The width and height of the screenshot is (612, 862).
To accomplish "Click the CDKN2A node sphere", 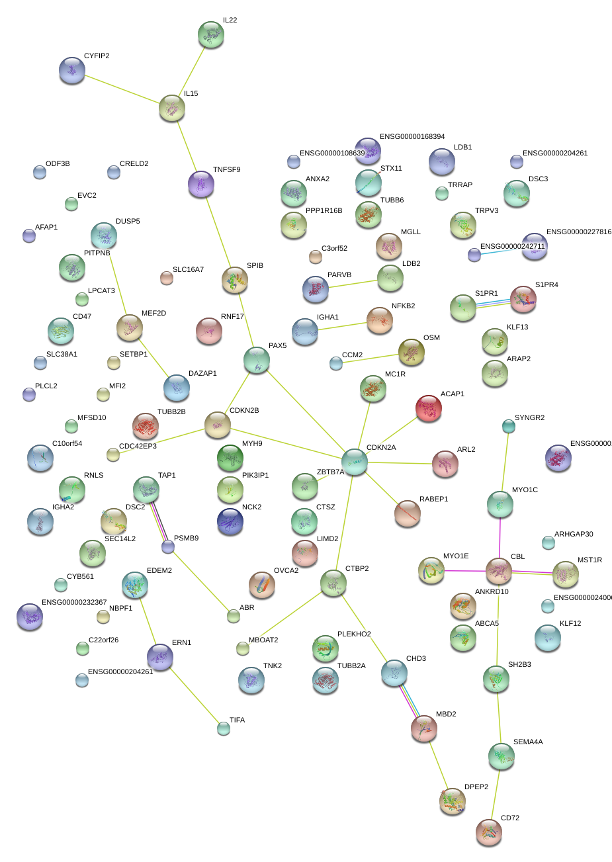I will pos(355,461).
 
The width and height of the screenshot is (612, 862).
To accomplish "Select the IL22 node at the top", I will pos(211,34).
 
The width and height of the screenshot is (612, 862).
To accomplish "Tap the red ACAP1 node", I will pos(429,408).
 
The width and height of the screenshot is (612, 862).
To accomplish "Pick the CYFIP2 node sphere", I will pos(72,70).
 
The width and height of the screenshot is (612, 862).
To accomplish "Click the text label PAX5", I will pos(278,346).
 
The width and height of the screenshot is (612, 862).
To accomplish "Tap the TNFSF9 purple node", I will pos(201,184).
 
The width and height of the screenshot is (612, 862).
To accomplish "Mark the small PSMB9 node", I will pos(168,546).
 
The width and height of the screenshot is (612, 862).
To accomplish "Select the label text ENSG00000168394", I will pos(412,137).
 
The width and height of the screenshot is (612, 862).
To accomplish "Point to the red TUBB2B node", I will pos(146,426).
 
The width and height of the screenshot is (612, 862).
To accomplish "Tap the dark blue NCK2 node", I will pos(230,521).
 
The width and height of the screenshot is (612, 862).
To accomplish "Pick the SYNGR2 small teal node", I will pos(508,427).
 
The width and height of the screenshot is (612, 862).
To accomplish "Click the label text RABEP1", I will pos(433,499).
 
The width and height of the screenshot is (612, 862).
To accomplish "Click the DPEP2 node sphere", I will pos(453,801).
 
